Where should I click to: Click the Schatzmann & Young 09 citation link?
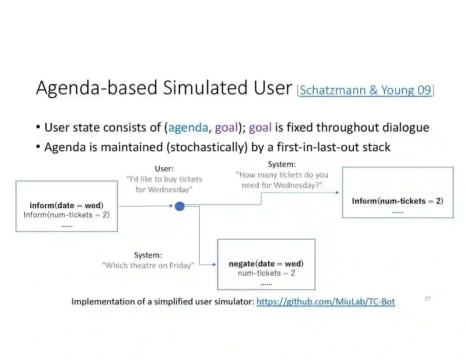365,90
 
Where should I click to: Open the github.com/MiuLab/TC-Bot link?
325,302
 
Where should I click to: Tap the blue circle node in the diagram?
180,207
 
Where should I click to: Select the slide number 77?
427,299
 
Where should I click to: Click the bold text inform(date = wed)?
66,206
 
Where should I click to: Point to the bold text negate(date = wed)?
266,263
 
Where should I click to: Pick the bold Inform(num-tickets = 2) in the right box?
397,201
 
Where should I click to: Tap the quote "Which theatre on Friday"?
148,266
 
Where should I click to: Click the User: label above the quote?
164,169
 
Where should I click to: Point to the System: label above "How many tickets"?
282,164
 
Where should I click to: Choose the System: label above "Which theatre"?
148,255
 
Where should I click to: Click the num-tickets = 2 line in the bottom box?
266,273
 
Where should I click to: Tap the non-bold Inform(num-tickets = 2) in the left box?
66,215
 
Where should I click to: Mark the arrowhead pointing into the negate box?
214,264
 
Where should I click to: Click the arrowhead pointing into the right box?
337,192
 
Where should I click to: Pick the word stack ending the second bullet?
377,147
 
